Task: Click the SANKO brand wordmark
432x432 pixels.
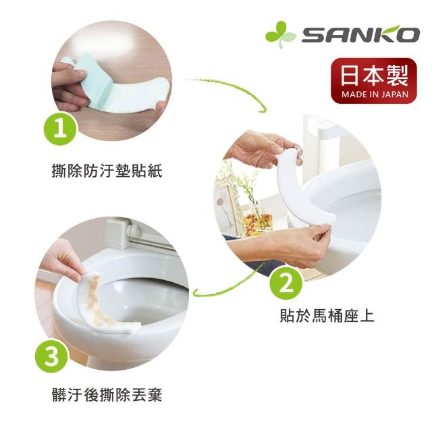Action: pyautogui.click(x=360, y=34)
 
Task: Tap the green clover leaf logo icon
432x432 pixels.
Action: pyautogui.click(x=280, y=34)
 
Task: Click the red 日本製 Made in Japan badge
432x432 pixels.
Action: pyautogui.click(x=374, y=81)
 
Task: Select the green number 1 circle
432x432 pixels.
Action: pyautogui.click(x=60, y=129)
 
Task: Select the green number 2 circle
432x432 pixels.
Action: pyautogui.click(x=286, y=284)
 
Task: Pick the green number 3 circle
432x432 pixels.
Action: pyautogui.click(x=51, y=356)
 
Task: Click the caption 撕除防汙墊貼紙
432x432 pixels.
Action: pyautogui.click(x=107, y=171)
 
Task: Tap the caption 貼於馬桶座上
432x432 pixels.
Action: pyautogui.click(x=327, y=316)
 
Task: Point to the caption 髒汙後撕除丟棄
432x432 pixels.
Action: pyautogui.click(x=107, y=395)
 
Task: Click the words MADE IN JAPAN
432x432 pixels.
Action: pyautogui.click(x=375, y=94)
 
